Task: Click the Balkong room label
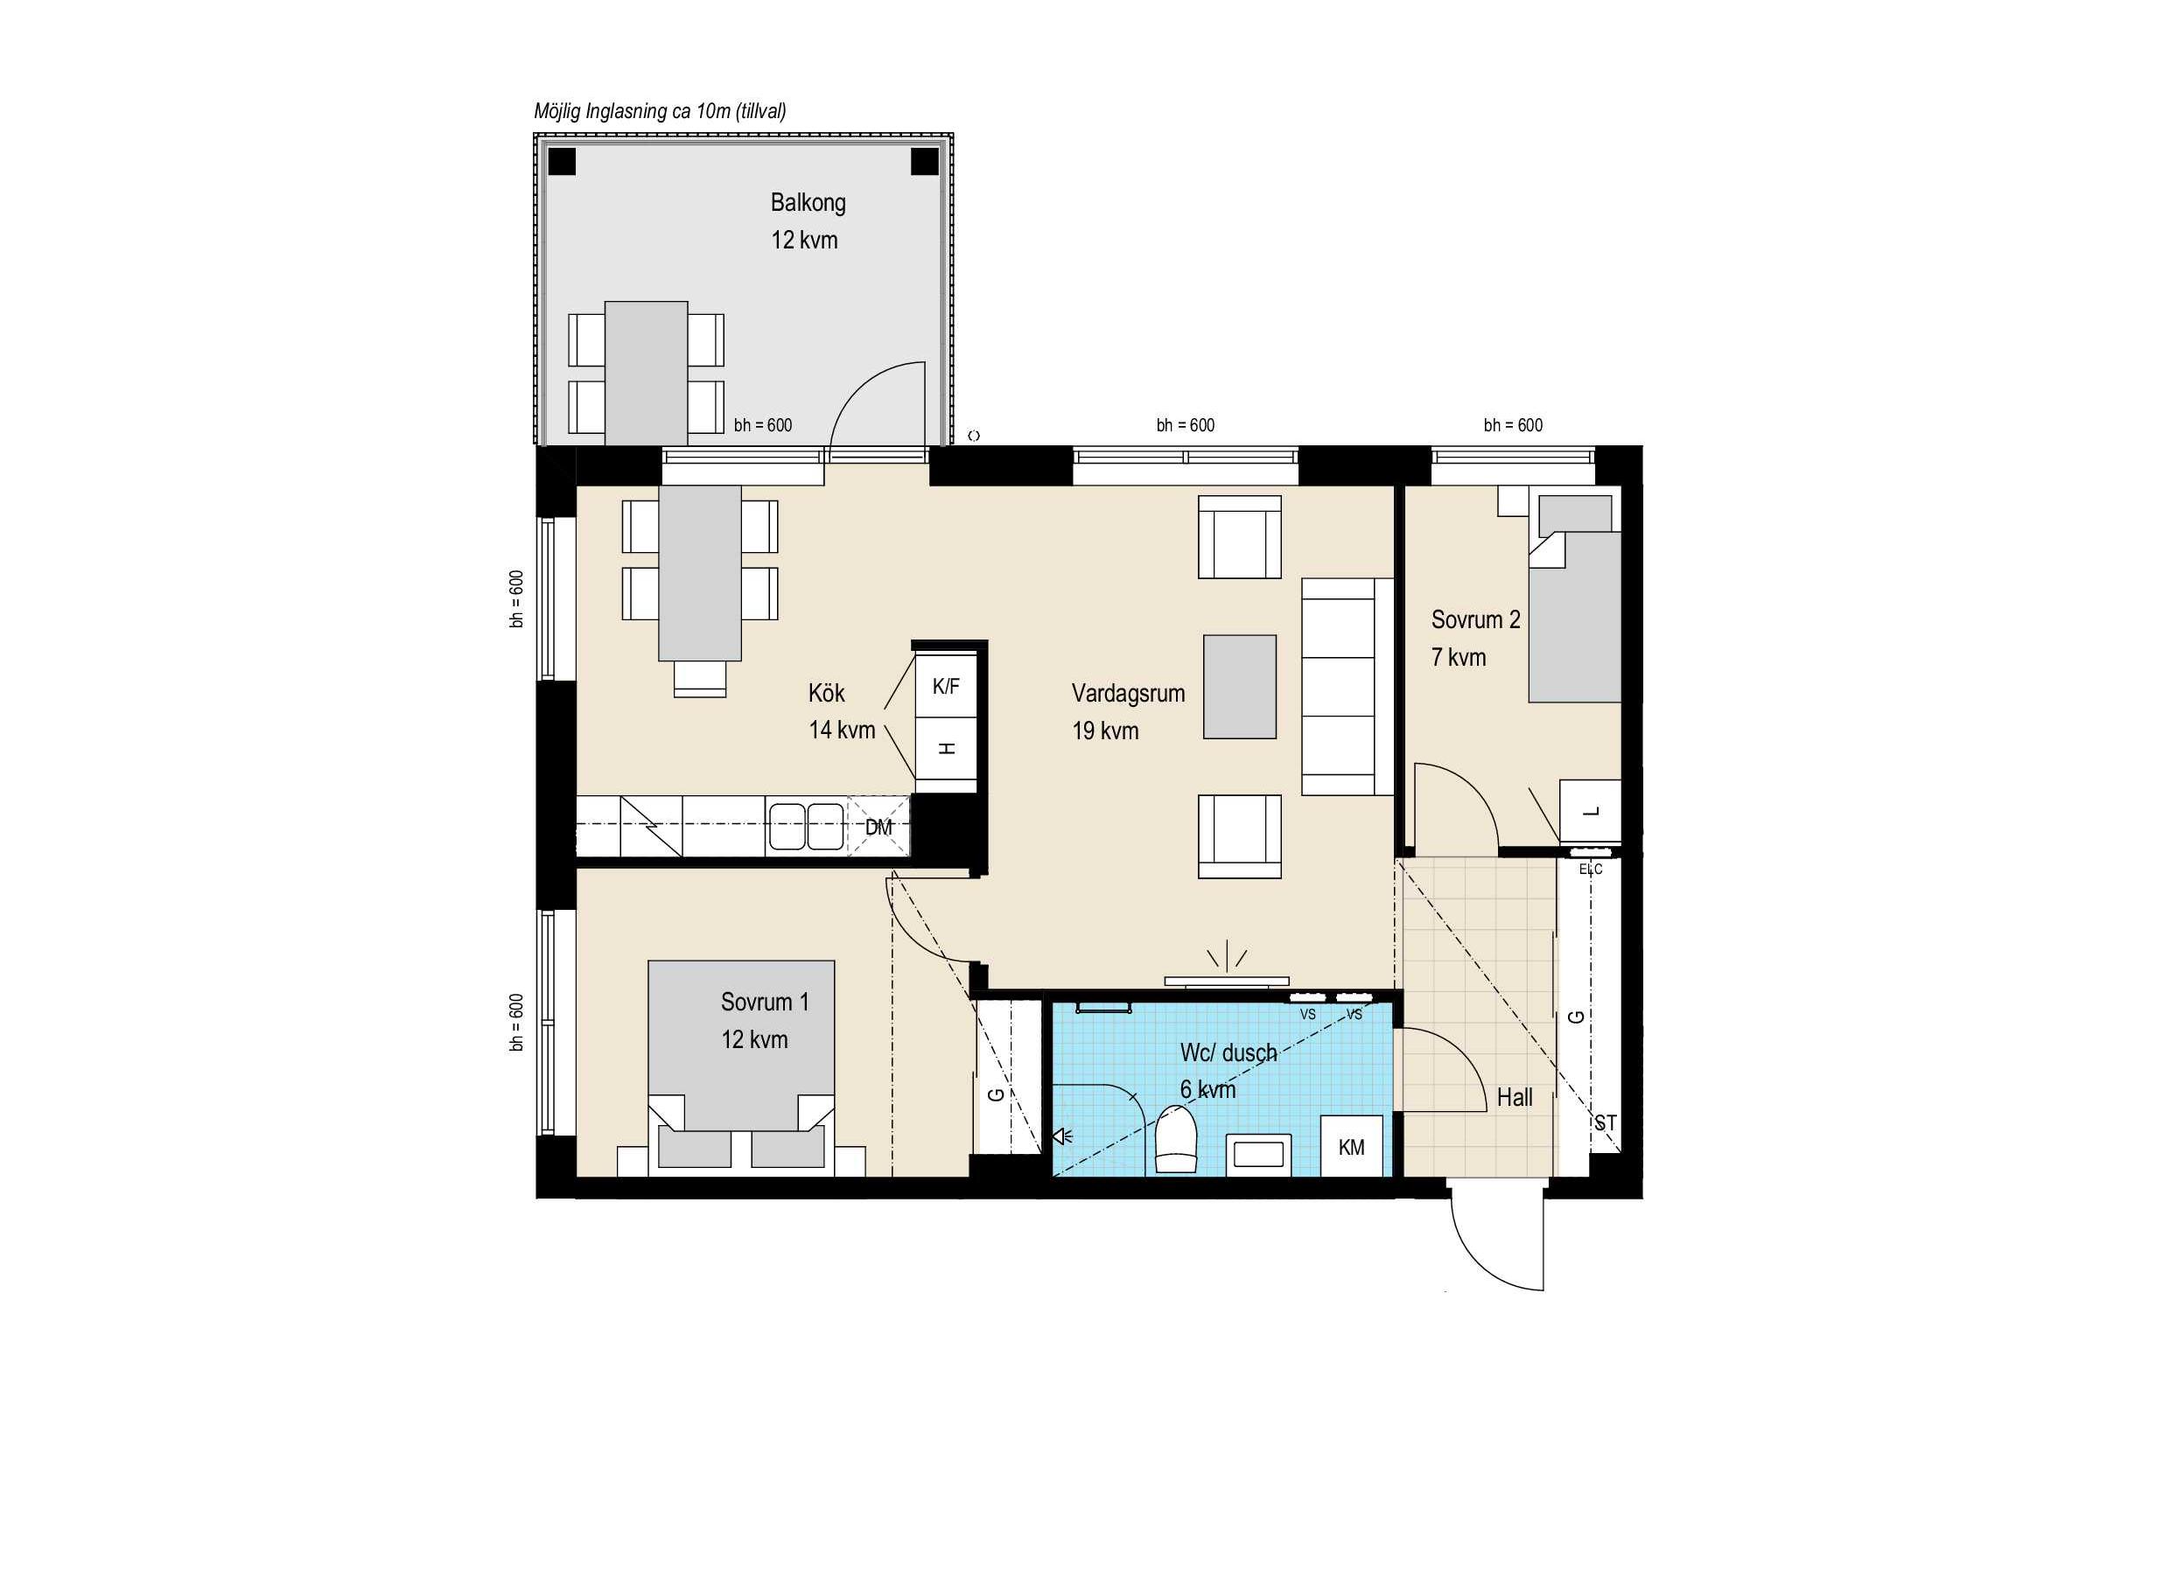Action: coord(808,203)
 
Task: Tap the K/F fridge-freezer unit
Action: coord(946,685)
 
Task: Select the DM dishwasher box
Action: coord(878,827)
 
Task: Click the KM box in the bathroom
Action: coord(1351,1146)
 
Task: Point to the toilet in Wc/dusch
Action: coord(1176,1138)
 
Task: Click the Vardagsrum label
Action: coord(1128,694)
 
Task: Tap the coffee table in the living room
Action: coord(1239,687)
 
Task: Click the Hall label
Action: coord(1515,1097)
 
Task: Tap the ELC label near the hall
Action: coord(1590,869)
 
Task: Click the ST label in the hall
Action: coord(1606,1123)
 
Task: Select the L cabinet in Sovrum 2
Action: coord(1590,811)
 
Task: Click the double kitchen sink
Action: coord(806,827)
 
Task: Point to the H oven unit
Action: coord(946,749)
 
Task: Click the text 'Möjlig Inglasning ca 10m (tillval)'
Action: coord(660,112)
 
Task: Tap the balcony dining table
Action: coord(646,374)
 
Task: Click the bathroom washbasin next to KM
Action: coord(1258,1153)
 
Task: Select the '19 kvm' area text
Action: coord(1105,731)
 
